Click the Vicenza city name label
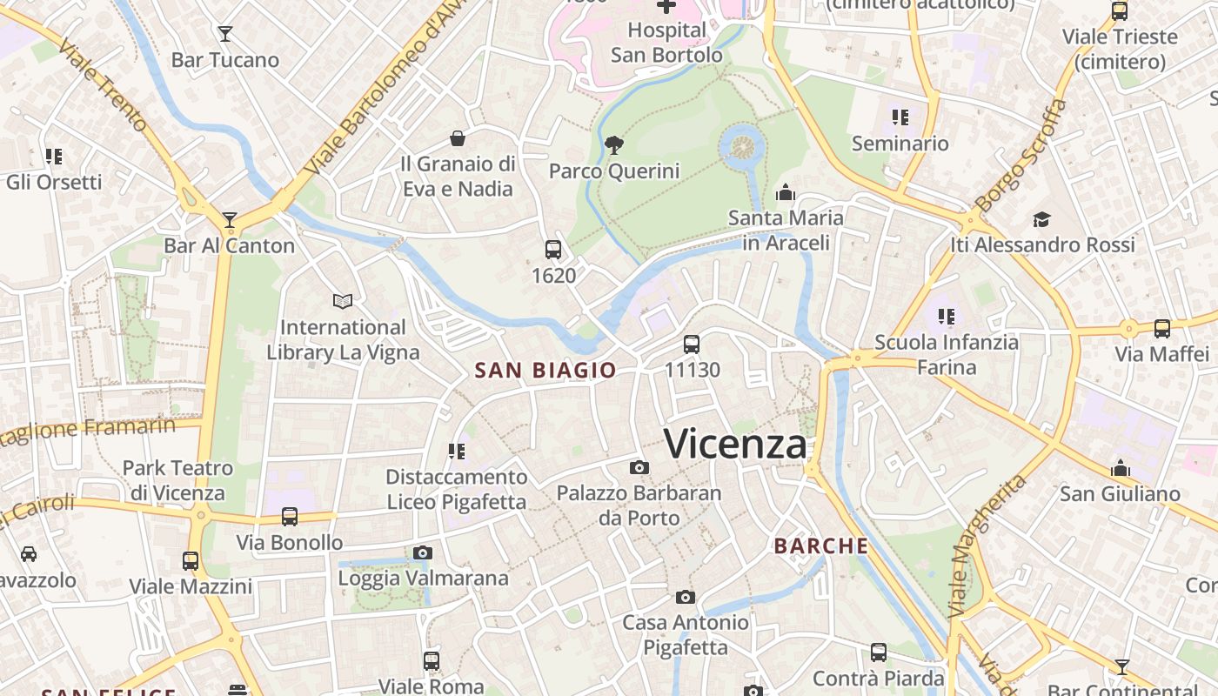pyautogui.click(x=735, y=444)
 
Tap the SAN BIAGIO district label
pyautogui.click(x=545, y=370)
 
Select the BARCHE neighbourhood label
pyautogui.click(x=821, y=545)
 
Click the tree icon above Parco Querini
pyautogui.click(x=613, y=145)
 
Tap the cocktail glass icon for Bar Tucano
pyautogui.click(x=225, y=34)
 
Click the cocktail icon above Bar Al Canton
pyautogui.click(x=230, y=220)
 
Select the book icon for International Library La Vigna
pyautogui.click(x=343, y=302)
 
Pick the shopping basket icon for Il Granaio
pyautogui.click(x=458, y=138)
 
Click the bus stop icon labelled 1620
pyautogui.click(x=553, y=250)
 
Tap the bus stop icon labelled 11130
pyautogui.click(x=692, y=345)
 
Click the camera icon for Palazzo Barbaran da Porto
pyautogui.click(x=639, y=468)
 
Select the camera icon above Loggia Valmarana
pyautogui.click(x=423, y=552)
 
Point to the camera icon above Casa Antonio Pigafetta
pyautogui.click(x=686, y=597)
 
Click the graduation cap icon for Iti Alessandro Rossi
pyautogui.click(x=1041, y=219)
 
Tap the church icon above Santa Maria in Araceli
pyautogui.click(x=786, y=192)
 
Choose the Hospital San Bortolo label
pyautogui.click(x=666, y=43)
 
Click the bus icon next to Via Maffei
pyautogui.click(x=1162, y=329)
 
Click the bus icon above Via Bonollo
pyautogui.click(x=290, y=517)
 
